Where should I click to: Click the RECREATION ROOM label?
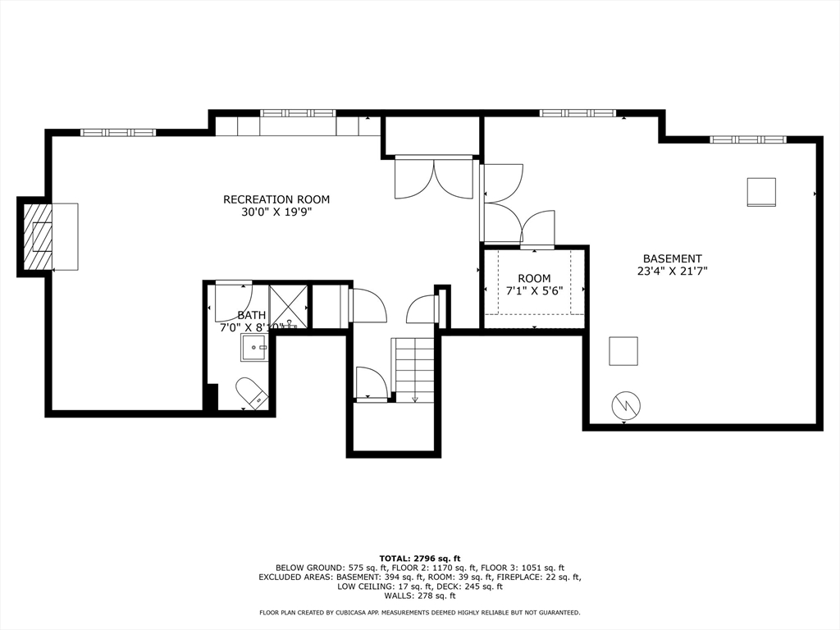276,199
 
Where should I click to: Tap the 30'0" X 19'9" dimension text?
276,212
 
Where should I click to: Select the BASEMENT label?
672,258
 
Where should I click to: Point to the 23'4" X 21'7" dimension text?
672,271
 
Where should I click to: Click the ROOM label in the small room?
534,278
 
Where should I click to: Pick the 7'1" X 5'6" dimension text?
534,290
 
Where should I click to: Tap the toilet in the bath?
250,392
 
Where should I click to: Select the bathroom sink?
253,347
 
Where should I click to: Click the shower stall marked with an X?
288,306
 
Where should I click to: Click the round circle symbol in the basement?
626,404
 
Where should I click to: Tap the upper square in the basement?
761,192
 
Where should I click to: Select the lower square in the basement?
623,351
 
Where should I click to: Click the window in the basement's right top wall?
747,139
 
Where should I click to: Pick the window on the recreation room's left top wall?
118,132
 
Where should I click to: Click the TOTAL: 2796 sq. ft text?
419,558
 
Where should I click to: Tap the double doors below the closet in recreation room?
434,178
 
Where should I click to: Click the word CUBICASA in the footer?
366,612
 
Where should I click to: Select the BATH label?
251,315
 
